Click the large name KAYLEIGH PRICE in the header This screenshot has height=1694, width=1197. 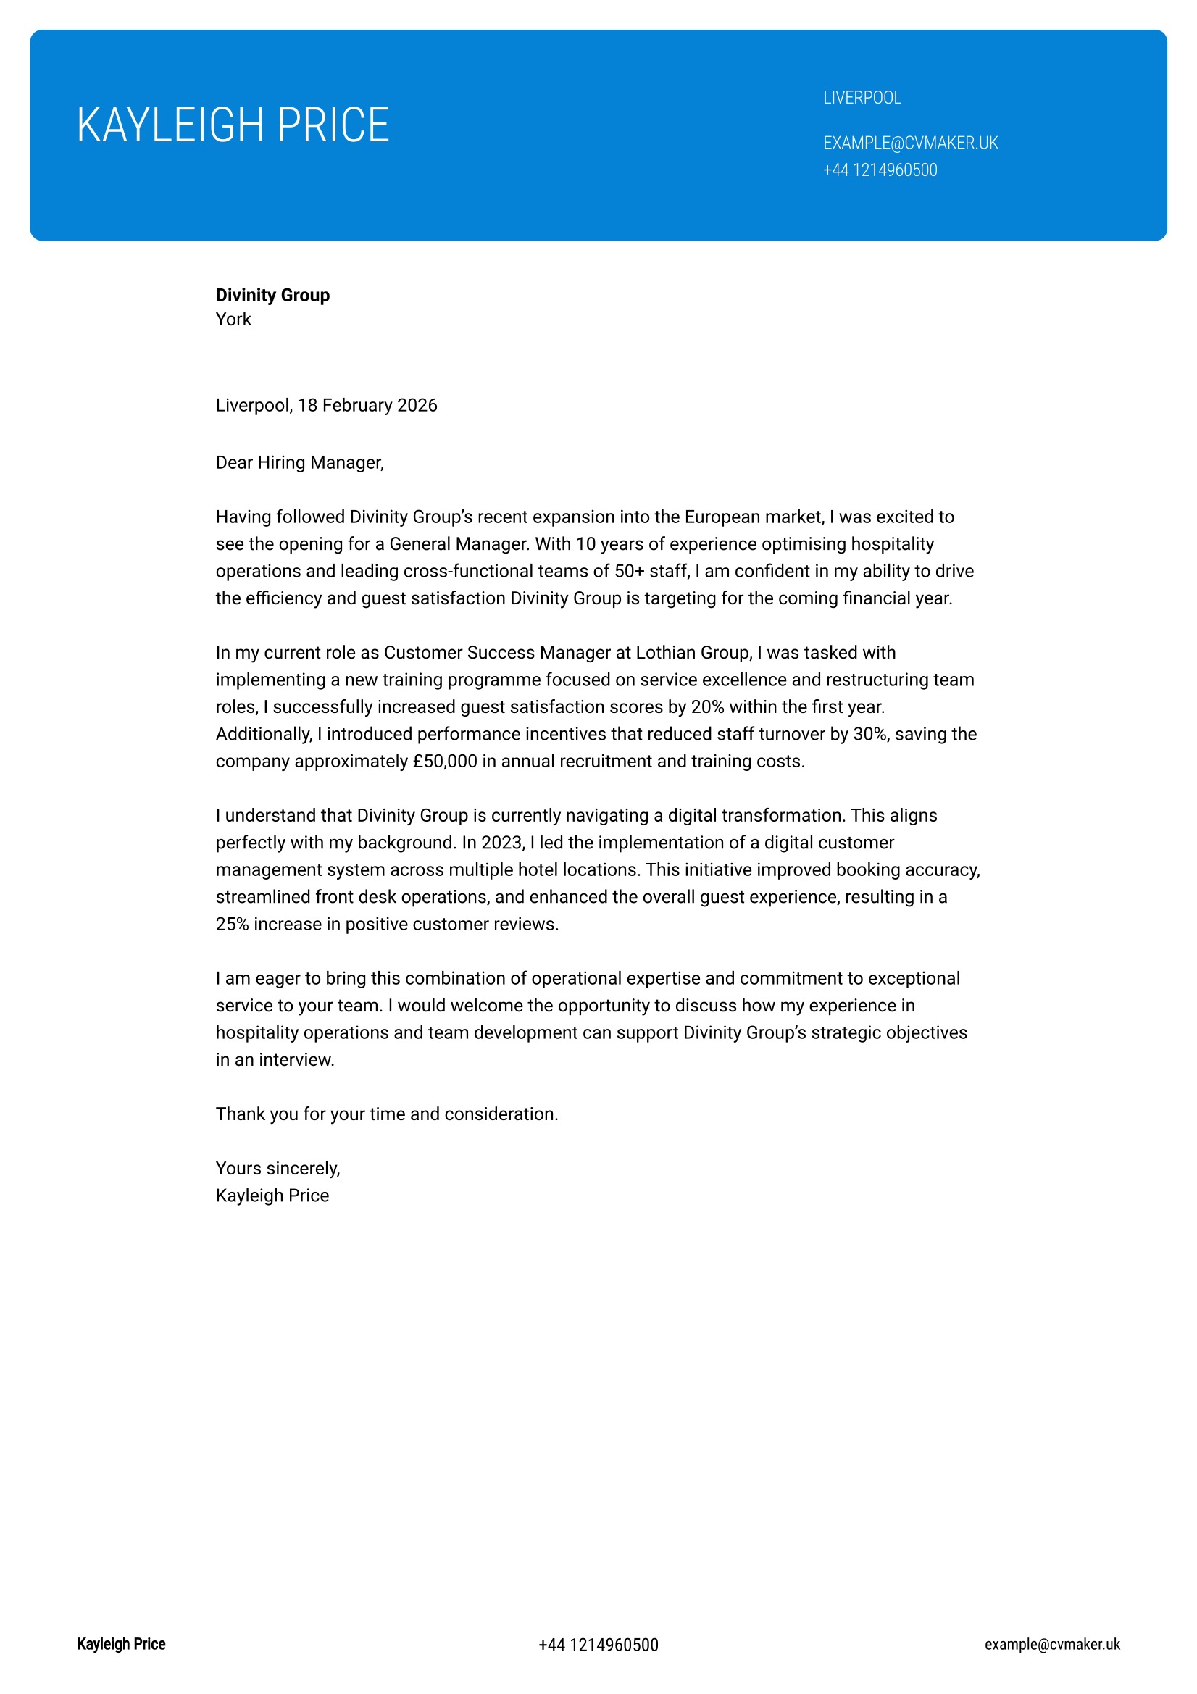(x=233, y=125)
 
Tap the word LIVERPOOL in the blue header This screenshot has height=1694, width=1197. (x=862, y=97)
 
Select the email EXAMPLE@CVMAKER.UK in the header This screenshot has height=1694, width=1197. (x=910, y=143)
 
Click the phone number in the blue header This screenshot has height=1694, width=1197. (x=880, y=170)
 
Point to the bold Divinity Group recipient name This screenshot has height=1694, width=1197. (x=272, y=295)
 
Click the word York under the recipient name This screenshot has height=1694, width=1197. (x=233, y=319)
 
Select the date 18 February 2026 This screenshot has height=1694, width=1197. (x=367, y=405)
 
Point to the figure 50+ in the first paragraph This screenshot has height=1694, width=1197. (x=630, y=571)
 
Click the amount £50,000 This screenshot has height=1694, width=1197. (x=445, y=761)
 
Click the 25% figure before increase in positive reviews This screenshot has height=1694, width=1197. (x=232, y=924)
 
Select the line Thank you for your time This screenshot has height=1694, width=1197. (x=386, y=1114)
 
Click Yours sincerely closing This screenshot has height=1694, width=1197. (x=277, y=1168)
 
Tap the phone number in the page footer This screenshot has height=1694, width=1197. (x=598, y=1645)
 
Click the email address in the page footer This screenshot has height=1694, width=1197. (x=1051, y=1644)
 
